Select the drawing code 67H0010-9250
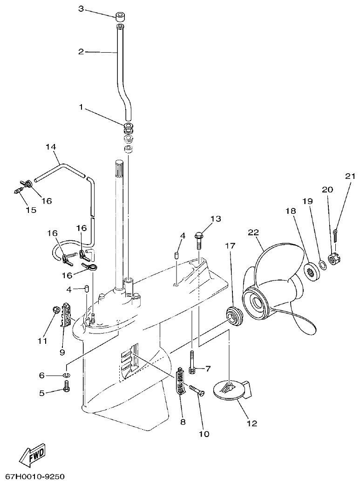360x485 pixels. coord(35,477)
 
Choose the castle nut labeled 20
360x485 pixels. coord(334,259)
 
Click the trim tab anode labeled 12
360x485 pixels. coord(231,389)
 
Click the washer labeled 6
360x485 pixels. coord(67,375)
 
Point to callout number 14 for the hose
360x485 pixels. coord(51,147)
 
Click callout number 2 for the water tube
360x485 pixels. coord(81,51)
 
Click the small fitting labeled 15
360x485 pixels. coord(19,191)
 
